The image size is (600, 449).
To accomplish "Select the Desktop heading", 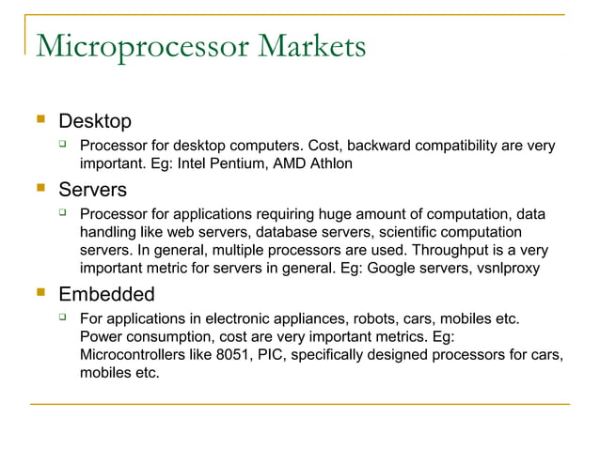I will pos(95,121).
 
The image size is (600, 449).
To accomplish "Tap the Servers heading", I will pos(92,190).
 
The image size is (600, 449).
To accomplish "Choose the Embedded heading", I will pos(106,294).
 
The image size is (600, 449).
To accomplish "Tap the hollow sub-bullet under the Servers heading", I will pos(63,215).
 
